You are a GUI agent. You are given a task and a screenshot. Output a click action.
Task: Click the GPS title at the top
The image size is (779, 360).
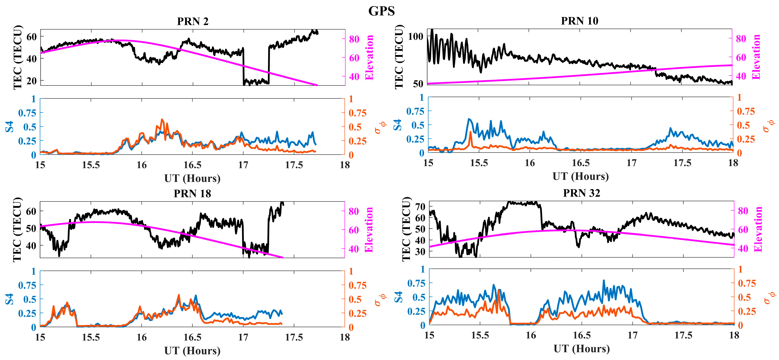[381, 11]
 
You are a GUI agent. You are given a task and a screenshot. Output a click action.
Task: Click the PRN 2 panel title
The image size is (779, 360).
[193, 22]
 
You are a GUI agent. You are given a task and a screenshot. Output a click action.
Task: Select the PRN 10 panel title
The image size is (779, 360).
[579, 21]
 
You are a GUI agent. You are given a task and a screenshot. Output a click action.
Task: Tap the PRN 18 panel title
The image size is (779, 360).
[192, 194]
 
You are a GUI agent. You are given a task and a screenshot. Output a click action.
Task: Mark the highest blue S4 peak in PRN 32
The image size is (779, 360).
[604, 281]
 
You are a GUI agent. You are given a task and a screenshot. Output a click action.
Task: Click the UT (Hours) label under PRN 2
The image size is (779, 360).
[192, 178]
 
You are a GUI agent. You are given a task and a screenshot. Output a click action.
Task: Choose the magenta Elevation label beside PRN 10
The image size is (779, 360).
[756, 57]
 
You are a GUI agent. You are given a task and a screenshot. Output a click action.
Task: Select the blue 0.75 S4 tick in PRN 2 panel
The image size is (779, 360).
[27, 113]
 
